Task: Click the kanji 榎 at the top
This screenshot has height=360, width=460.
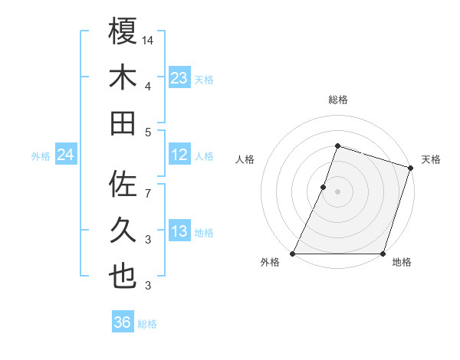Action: (123, 31)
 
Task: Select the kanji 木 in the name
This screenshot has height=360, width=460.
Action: (123, 77)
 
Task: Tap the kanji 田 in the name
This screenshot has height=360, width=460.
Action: (123, 123)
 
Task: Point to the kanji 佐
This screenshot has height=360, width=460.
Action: (123, 185)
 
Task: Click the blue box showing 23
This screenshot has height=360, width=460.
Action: (179, 77)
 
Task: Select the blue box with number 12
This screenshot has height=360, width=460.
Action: (179, 155)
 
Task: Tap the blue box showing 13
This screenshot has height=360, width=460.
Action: (179, 231)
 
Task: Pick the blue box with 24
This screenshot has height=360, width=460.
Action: (65, 155)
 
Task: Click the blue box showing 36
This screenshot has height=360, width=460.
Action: (123, 322)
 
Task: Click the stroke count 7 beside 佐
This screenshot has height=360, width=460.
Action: (148, 186)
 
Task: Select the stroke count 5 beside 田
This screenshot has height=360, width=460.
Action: (148, 132)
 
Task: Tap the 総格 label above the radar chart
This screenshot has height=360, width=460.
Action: (337, 100)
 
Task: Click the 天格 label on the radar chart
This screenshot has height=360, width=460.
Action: (431, 159)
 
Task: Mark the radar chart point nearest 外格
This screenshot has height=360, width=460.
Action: (293, 253)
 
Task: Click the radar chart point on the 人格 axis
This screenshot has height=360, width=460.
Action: (324, 187)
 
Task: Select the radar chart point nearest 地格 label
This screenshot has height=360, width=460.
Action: (383, 253)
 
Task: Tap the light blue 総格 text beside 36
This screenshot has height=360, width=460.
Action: (147, 324)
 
